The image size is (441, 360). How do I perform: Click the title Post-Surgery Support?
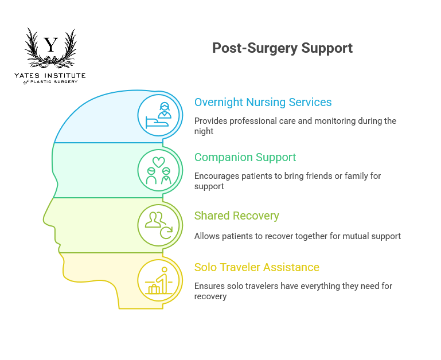[x=282, y=48]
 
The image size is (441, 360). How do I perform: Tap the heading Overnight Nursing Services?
[x=263, y=103]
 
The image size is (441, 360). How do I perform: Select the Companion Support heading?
[x=245, y=157]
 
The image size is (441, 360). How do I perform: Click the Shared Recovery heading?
[x=236, y=216]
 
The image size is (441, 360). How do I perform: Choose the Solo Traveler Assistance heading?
[x=256, y=267]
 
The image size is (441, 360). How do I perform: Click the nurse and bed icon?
[x=159, y=115]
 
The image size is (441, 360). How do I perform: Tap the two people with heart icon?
[x=159, y=170]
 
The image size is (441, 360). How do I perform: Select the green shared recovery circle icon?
[x=159, y=225]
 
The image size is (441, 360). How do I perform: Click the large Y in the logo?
[x=51, y=45]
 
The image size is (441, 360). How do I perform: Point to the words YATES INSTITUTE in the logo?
[x=50, y=76]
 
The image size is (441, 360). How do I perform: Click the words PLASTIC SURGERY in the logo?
[x=57, y=82]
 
